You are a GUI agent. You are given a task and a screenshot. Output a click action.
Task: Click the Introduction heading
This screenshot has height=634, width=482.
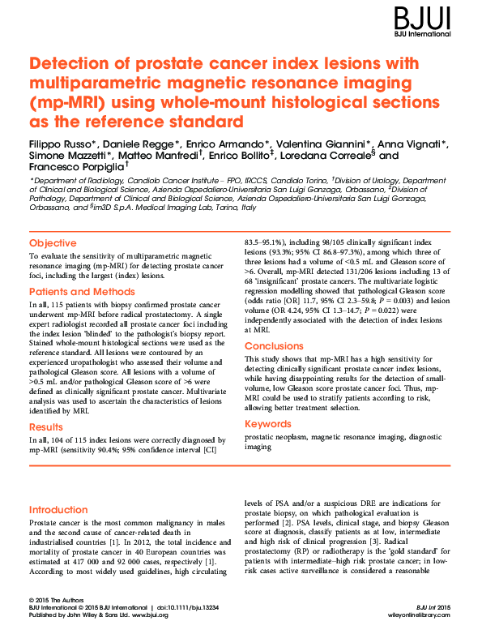point(64,509)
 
